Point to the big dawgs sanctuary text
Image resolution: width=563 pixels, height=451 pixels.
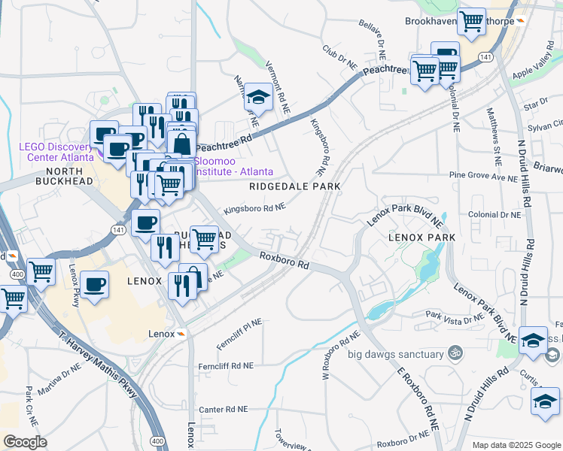(x=395, y=353)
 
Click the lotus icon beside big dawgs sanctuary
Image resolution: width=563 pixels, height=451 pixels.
(x=454, y=353)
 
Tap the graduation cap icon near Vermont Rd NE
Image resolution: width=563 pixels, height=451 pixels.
(x=258, y=96)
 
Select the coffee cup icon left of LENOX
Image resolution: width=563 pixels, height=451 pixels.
(x=95, y=284)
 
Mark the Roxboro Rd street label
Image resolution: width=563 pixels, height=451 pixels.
(x=285, y=261)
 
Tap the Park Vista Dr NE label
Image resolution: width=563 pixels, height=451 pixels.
(x=454, y=318)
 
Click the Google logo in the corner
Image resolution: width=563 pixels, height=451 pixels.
(x=25, y=442)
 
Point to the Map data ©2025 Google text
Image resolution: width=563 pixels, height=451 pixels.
(x=515, y=445)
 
